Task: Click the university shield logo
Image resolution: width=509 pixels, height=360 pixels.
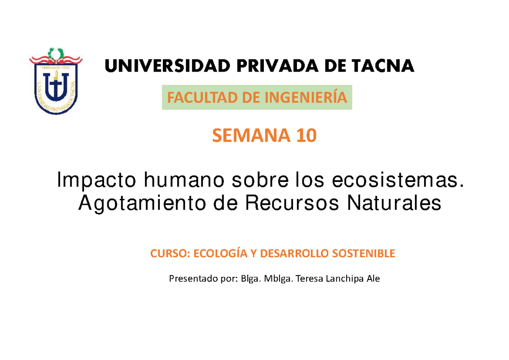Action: point(55,81)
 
